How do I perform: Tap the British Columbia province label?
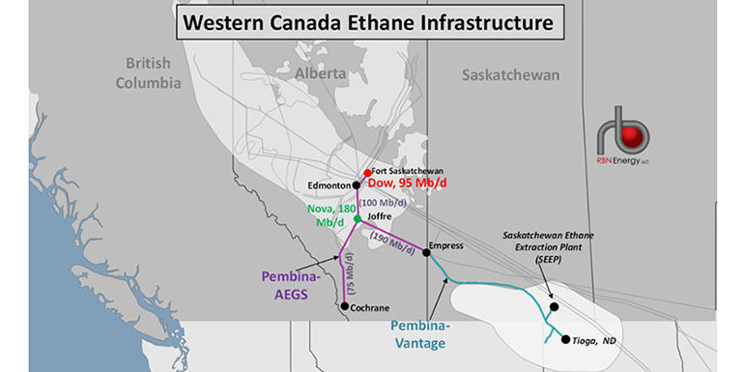coord(148,73)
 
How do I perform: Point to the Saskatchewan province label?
coord(510,74)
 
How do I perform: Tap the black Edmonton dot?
coord(357,185)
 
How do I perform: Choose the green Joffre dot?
coord(358,218)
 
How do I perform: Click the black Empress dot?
coord(426,253)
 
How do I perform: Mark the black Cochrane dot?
coord(345,306)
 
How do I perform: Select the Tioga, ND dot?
coord(564,339)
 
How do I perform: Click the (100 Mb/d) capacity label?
coord(383,203)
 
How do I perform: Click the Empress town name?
coord(447,245)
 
